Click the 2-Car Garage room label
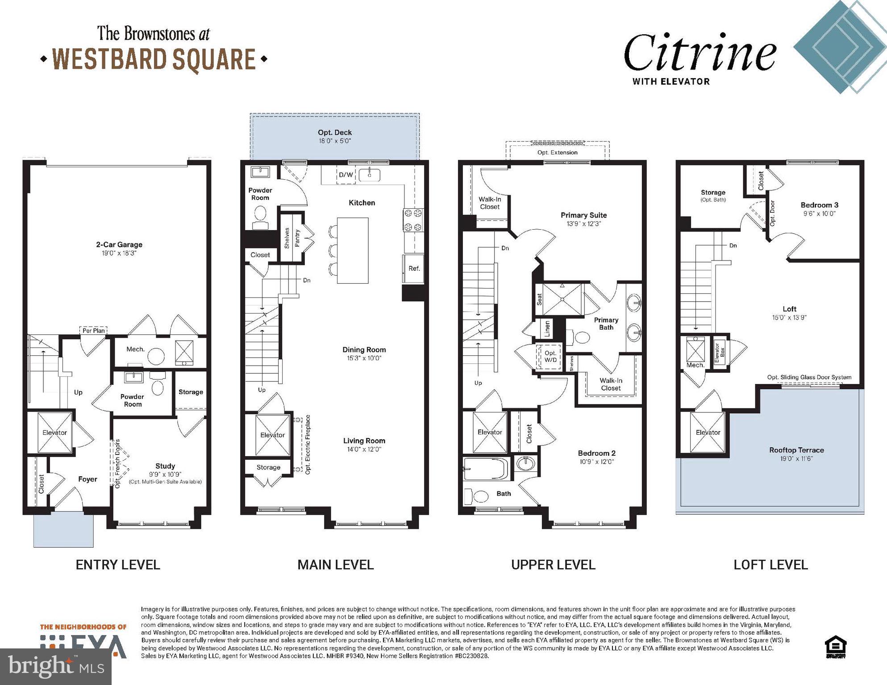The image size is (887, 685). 119,244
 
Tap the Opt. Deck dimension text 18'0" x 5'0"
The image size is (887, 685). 335,141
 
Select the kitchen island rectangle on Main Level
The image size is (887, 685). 353,250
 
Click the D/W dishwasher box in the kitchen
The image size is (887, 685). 346,175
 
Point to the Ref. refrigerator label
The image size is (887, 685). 414,268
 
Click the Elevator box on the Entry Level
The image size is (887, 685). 54,432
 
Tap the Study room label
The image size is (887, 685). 165,466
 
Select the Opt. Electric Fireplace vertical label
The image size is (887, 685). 308,444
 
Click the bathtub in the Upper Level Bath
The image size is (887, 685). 486,469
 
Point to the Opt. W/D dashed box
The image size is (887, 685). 550,356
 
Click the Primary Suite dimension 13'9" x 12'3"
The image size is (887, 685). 584,224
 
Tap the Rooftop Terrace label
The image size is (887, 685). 796,450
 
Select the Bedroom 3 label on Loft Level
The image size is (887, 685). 819,205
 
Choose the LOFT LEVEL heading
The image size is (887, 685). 770,565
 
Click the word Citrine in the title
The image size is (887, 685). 700,54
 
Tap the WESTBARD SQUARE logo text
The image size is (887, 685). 154,59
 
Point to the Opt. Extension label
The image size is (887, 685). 557,153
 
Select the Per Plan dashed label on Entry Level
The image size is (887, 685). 94,330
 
